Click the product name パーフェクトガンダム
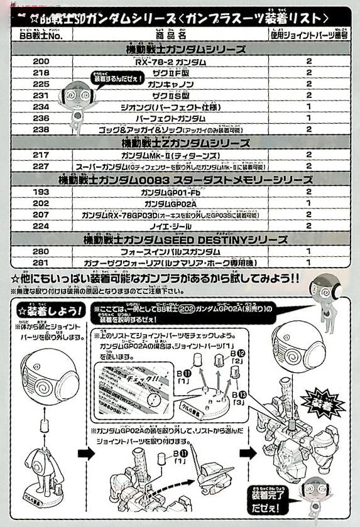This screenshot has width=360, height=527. click(170, 118)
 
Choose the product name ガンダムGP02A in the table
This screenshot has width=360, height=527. click(171, 204)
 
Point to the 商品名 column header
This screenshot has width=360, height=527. click(171, 35)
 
